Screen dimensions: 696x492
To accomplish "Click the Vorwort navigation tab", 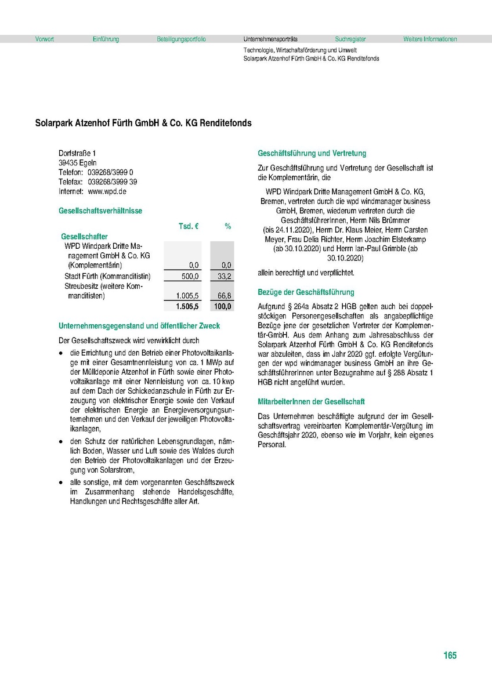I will point(45,39).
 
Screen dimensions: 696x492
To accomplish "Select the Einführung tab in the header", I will point(106,39).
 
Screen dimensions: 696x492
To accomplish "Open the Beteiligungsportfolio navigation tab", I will point(181,39).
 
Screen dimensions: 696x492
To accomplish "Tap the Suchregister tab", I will point(350,39).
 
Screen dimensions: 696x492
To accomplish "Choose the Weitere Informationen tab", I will point(430,39).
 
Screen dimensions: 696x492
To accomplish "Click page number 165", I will point(450,655).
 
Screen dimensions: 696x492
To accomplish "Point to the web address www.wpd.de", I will point(107,191).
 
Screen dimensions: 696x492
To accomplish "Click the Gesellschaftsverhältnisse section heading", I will point(100,211).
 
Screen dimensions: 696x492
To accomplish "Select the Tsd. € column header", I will point(189,226).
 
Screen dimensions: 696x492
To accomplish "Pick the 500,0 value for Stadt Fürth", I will point(190,276).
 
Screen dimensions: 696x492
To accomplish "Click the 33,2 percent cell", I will point(225,276).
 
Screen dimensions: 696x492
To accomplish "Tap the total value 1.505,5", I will point(187,306).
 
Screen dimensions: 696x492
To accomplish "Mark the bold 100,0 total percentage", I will point(223,306).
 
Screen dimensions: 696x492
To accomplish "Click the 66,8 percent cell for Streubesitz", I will point(225,296).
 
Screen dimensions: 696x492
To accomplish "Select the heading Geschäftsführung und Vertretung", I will point(312,154).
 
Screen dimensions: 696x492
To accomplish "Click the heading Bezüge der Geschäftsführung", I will point(306,292).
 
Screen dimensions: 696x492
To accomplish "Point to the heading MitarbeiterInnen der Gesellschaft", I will point(311,401).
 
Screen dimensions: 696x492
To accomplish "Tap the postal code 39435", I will point(68,162).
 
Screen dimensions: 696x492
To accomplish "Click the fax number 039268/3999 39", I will point(113,182).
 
